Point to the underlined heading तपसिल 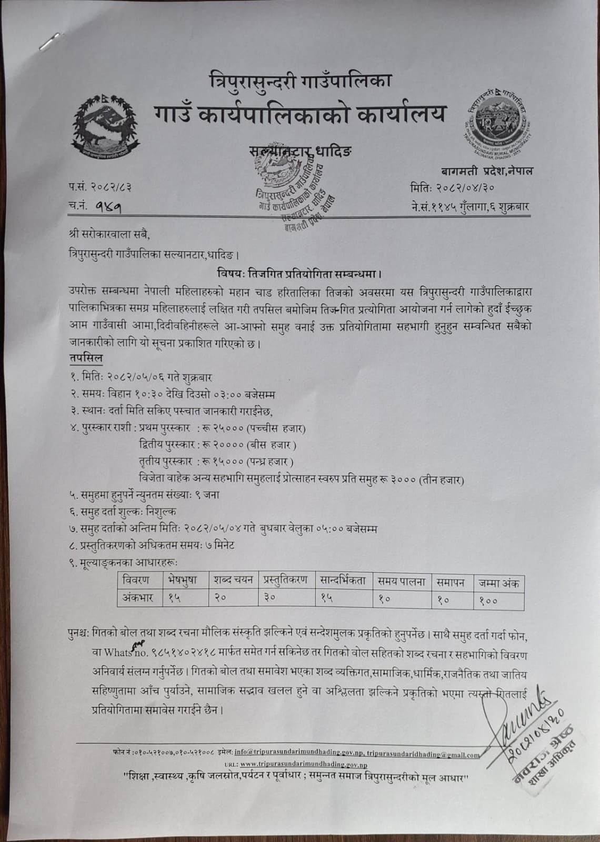click(x=85, y=358)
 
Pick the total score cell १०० click(x=488, y=599)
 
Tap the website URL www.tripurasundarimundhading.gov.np click(x=304, y=764)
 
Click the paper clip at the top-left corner click(x=50, y=41)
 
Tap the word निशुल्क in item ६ click(x=161, y=512)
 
